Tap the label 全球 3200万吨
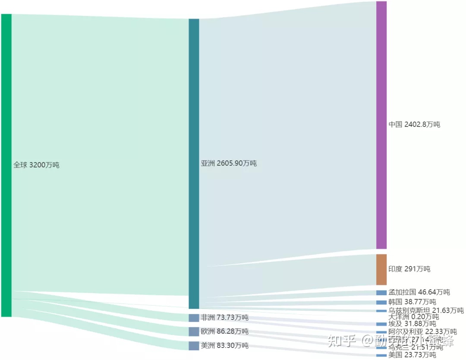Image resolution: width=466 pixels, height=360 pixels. point(36,165)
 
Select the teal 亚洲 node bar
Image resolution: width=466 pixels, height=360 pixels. point(194,164)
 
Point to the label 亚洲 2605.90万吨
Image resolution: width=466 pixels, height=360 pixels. point(229,164)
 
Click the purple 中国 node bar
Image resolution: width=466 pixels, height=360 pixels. point(381,125)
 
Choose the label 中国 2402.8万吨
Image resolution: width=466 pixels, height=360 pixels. point(414,125)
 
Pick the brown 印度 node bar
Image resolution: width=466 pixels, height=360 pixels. point(381,269)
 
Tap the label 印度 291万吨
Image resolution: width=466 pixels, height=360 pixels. point(409,269)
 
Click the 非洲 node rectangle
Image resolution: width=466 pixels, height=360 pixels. point(194,318)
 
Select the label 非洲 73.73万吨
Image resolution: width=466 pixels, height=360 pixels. point(224,318)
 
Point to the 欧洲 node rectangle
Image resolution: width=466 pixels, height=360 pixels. point(194,332)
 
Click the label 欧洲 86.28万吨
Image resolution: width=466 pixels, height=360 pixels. point(224,332)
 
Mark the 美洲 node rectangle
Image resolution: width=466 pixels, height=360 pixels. point(194,345)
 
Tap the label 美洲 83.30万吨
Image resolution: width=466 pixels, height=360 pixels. point(224,345)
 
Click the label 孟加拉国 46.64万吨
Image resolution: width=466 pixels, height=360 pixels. point(419,293)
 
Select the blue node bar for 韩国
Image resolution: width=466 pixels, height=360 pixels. point(381,302)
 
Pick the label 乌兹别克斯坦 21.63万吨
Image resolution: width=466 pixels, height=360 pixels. point(426,311)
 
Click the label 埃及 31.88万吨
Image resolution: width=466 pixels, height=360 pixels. point(412,324)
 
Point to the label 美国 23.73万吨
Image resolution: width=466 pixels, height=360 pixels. point(412,355)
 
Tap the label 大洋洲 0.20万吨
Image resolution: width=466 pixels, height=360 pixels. point(413,317)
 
